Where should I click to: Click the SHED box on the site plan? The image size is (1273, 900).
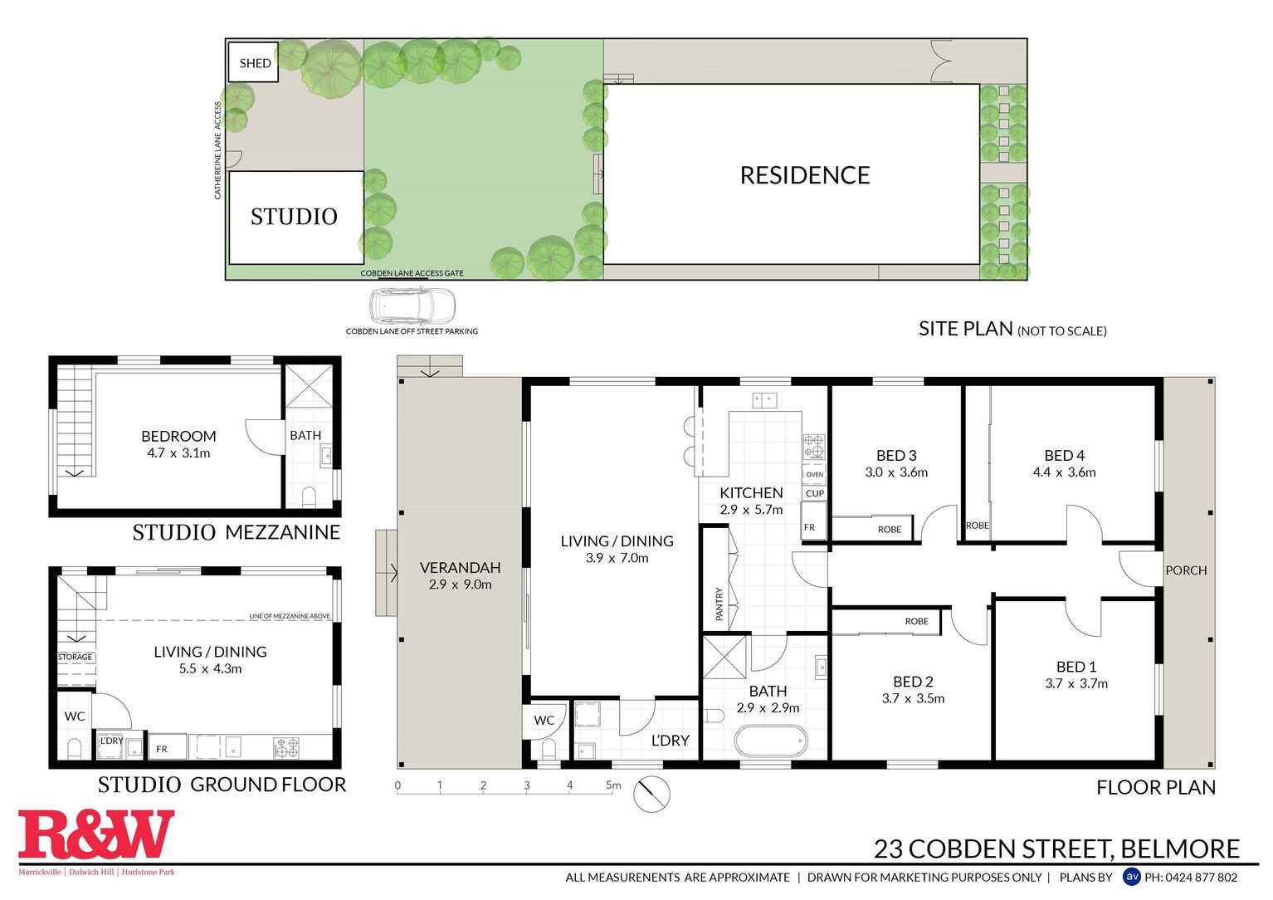(254, 62)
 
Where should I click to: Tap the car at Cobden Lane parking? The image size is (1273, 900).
(412, 306)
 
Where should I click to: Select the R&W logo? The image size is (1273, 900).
(96, 835)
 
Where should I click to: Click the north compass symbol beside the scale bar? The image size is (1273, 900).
(651, 795)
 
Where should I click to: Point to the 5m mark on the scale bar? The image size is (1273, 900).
(613, 785)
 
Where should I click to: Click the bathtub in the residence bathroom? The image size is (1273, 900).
(771, 741)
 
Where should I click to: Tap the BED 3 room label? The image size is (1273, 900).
(896, 455)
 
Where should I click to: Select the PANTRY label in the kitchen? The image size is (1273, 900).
(719, 604)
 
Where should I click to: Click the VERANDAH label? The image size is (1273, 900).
(460, 568)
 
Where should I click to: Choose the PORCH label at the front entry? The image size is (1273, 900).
(1186, 570)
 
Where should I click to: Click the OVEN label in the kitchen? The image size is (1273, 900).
(815, 475)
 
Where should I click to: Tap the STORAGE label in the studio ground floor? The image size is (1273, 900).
(75, 657)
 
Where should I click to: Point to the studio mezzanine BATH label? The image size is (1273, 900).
(305, 435)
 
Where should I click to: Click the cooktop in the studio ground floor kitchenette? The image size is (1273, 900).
(286, 748)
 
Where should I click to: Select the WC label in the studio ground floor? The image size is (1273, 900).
(75, 716)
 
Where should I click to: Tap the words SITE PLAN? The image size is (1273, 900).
(965, 329)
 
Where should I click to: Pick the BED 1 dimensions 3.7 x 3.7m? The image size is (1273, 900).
(1076, 683)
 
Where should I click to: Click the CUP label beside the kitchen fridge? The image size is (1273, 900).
(815, 493)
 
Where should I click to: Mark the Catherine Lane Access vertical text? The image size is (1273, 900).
(218, 150)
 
